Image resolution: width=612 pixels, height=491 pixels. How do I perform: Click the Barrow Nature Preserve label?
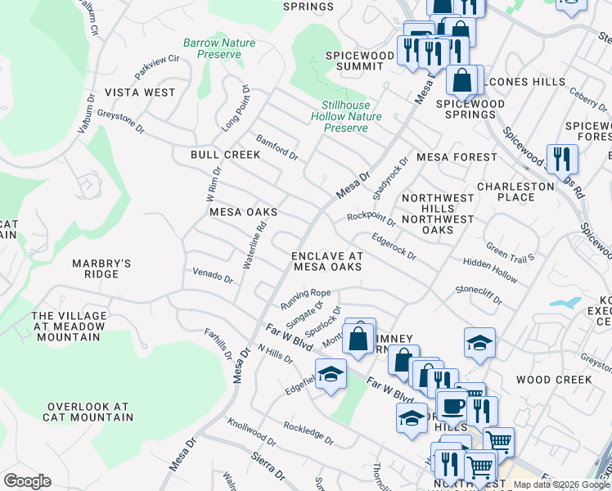pos(219,48)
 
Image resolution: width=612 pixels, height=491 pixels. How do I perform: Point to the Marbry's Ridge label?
pos(101,268)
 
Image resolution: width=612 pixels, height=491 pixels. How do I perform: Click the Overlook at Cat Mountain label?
pos(90,412)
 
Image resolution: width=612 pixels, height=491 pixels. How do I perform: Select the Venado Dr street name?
pos(213,275)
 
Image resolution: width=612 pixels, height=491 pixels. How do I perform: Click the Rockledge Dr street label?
pos(308,434)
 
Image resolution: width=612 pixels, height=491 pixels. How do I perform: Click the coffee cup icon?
pos(452,405)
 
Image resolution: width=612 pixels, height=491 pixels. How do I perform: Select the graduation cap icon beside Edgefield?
pos(330,374)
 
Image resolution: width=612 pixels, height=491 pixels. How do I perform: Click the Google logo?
pos(27,481)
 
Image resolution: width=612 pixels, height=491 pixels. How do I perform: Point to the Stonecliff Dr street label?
pos(479,295)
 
